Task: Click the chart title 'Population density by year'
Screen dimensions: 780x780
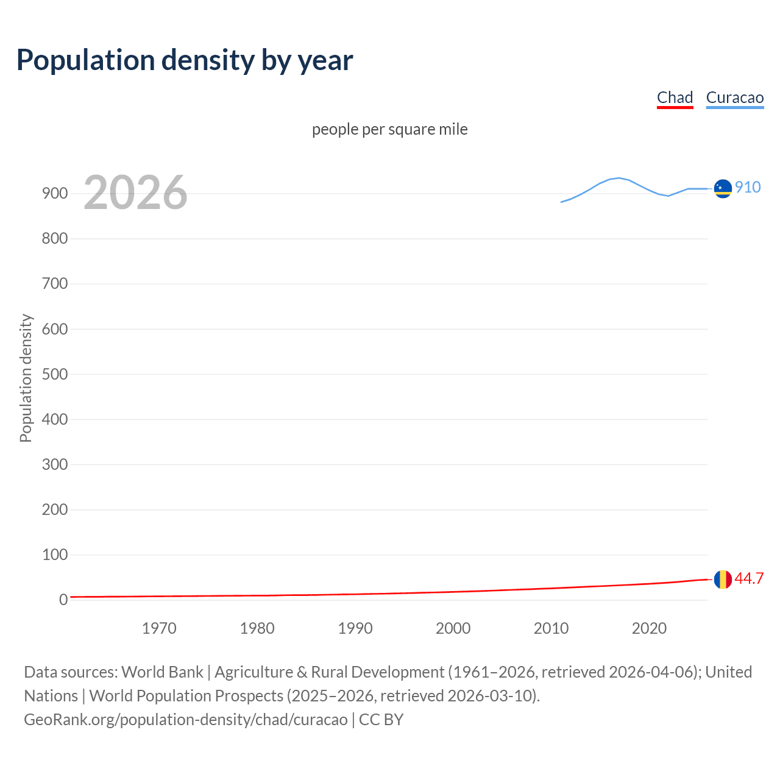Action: coord(185,60)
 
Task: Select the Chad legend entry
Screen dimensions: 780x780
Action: coord(675,98)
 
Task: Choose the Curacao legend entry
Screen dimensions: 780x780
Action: coord(734,98)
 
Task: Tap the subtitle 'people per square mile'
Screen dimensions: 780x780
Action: coord(389,130)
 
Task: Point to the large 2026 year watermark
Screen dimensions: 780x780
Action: coord(135,193)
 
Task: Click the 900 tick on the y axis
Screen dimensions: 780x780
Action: coord(55,194)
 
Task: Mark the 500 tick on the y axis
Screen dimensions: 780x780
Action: coord(55,374)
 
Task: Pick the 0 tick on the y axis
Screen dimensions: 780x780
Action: coord(63,600)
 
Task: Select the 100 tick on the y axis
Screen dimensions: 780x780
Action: coord(55,555)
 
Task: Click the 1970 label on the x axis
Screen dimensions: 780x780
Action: coord(159,628)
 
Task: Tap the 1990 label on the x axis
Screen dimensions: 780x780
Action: coord(355,628)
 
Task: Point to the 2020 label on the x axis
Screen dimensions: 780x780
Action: coord(649,628)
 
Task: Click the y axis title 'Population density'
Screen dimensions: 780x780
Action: coord(26,378)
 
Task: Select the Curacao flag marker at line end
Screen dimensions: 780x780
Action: coord(723,189)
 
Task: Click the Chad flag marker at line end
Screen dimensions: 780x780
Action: coord(723,579)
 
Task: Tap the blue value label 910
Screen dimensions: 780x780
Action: coord(747,188)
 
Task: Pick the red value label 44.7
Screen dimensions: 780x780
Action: coord(749,579)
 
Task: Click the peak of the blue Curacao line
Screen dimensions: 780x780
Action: coord(619,178)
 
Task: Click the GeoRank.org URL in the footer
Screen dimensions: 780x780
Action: coord(185,720)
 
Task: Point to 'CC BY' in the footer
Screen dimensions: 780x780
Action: coord(381,720)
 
